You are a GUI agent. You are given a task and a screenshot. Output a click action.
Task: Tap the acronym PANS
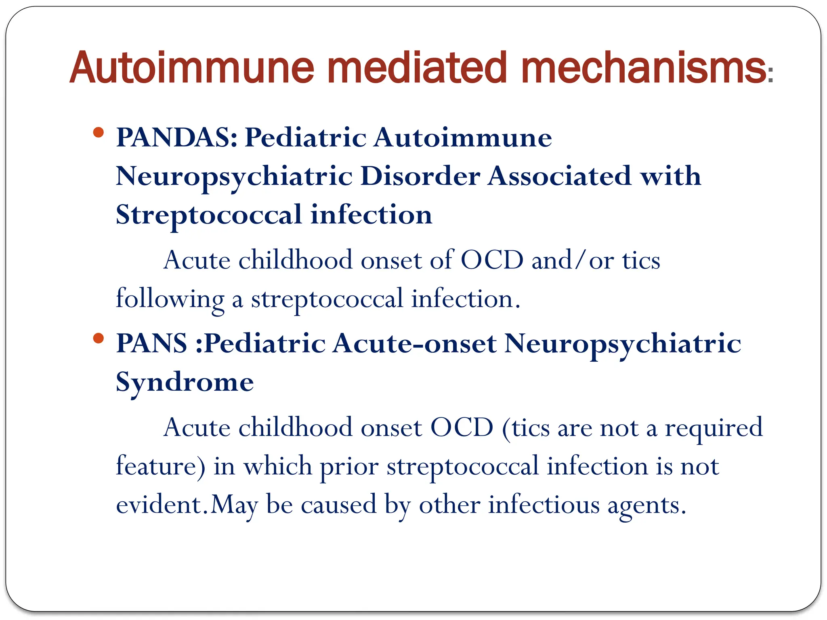[x=151, y=344]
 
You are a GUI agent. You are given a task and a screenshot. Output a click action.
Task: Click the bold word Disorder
[x=420, y=176]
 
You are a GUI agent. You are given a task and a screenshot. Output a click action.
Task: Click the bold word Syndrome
[x=185, y=382]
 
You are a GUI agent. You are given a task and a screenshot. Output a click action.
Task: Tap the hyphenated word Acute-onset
[x=415, y=344]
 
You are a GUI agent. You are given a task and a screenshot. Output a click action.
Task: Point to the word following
[x=170, y=300]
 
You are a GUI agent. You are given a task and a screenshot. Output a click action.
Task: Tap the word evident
[x=159, y=505]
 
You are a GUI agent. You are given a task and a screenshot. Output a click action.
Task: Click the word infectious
[x=544, y=505]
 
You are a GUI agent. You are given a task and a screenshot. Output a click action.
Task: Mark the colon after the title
[x=770, y=75]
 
